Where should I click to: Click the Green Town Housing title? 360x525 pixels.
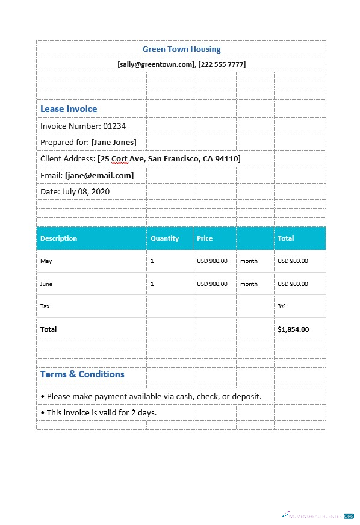tap(181, 49)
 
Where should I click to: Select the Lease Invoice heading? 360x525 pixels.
tap(69, 109)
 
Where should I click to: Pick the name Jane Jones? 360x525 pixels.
tap(114, 142)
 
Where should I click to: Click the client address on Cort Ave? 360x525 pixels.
tap(169, 158)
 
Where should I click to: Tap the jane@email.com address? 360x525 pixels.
tap(99, 175)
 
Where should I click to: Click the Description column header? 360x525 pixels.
tap(59, 238)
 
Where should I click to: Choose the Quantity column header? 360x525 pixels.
tap(164, 238)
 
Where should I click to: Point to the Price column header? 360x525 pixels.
tap(205, 238)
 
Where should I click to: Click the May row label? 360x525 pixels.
tap(46, 261)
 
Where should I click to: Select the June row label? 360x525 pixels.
tap(47, 284)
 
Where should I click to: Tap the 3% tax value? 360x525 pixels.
tap(281, 306)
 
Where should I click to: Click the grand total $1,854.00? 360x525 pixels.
tap(293, 329)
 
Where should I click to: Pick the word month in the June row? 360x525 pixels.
tap(249, 284)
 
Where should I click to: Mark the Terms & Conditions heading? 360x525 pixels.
tap(82, 374)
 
